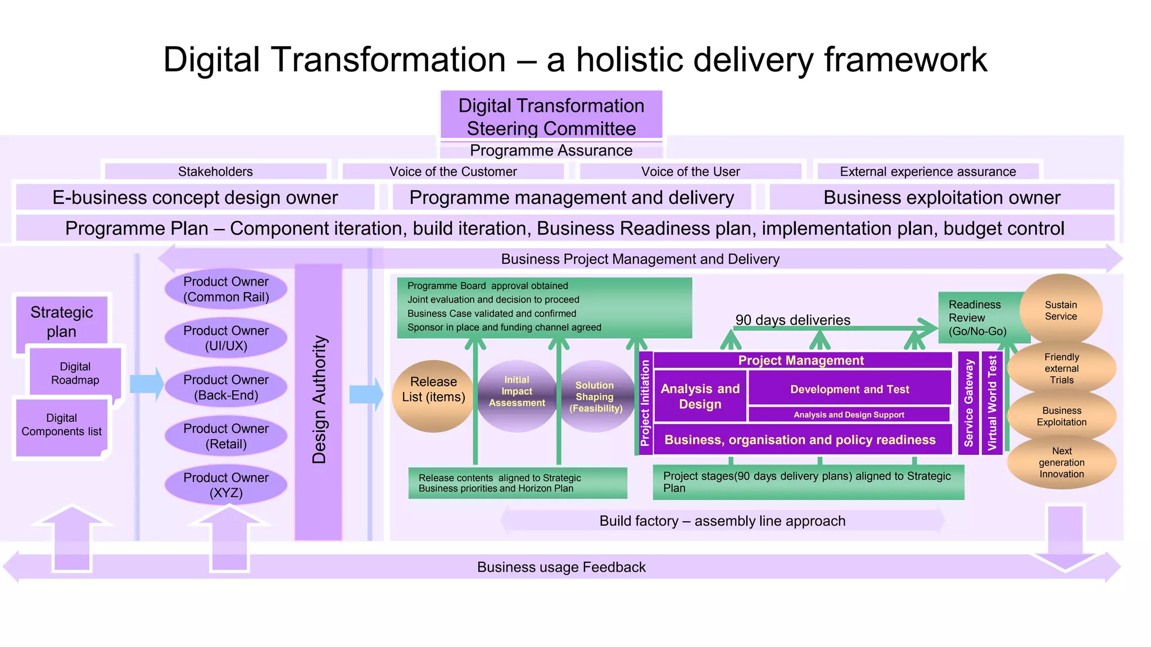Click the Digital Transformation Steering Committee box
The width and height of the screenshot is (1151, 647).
551,115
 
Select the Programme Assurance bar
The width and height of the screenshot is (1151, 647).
551,151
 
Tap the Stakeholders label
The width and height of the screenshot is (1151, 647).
215,171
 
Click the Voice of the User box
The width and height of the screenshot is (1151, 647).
690,171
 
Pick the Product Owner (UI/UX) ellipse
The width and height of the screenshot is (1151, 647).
226,338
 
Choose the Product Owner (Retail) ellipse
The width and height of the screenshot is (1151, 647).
226,436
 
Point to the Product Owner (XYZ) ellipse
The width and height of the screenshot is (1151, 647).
226,485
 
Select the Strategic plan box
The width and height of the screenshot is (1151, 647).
62,321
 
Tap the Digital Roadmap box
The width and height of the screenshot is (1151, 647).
75,373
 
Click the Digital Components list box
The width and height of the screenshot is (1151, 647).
62,425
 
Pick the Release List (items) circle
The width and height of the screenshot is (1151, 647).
433,396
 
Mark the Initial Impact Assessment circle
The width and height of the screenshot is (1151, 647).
516,395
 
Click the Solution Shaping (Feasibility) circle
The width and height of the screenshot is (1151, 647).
596,397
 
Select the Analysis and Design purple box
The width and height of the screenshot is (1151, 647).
700,396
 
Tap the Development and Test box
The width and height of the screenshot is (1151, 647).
849,389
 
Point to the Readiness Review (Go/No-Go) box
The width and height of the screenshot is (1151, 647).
978,317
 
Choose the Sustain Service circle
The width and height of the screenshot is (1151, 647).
1061,310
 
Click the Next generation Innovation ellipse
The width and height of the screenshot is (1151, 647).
1062,462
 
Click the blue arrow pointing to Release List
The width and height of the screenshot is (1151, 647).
365,394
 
